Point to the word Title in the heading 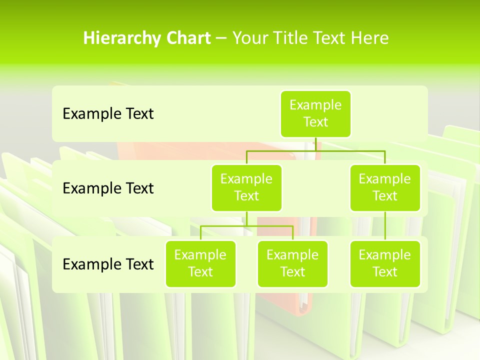[295, 38]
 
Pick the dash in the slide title [221, 38]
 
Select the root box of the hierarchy [315, 113]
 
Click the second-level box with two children [246, 187]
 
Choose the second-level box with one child [385, 187]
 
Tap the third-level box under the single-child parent [385, 263]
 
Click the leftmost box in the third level [200, 263]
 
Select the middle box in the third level [292, 263]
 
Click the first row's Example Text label [108, 114]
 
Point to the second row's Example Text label [108, 188]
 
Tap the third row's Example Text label [108, 264]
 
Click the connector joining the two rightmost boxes [385, 226]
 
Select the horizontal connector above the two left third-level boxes [246, 226]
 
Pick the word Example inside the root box [315, 105]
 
